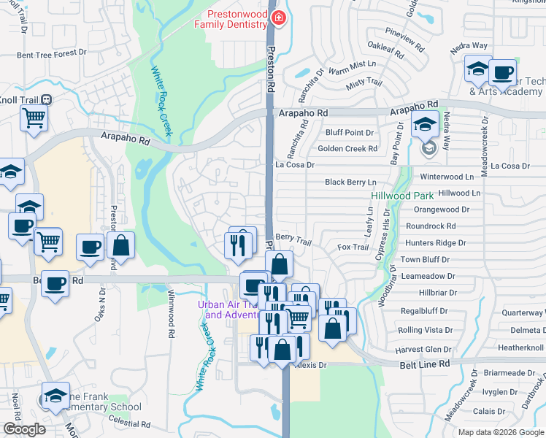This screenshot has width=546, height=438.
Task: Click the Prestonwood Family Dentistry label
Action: (x=231, y=19)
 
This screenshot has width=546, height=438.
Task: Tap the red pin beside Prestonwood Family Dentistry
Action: (x=277, y=18)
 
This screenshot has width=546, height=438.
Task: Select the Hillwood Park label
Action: (x=402, y=196)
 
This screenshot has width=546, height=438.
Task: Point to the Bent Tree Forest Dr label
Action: (x=51, y=53)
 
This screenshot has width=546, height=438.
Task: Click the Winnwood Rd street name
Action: (x=172, y=321)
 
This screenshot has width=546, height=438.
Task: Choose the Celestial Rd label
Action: (x=128, y=423)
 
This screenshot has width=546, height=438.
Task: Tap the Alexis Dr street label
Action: (x=309, y=364)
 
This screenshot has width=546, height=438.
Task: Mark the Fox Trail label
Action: (x=353, y=247)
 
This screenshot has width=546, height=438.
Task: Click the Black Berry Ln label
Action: (x=350, y=182)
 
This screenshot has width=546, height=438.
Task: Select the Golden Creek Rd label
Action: (x=347, y=149)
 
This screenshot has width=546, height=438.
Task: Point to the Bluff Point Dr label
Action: (x=350, y=132)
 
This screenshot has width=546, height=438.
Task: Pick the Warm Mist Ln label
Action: (x=352, y=72)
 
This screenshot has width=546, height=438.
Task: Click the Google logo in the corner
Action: (x=24, y=429)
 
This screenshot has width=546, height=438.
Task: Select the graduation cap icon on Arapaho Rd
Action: (x=425, y=124)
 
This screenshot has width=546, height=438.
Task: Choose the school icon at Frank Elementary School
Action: (x=55, y=396)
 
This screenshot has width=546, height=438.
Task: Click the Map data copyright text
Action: (x=501, y=432)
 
